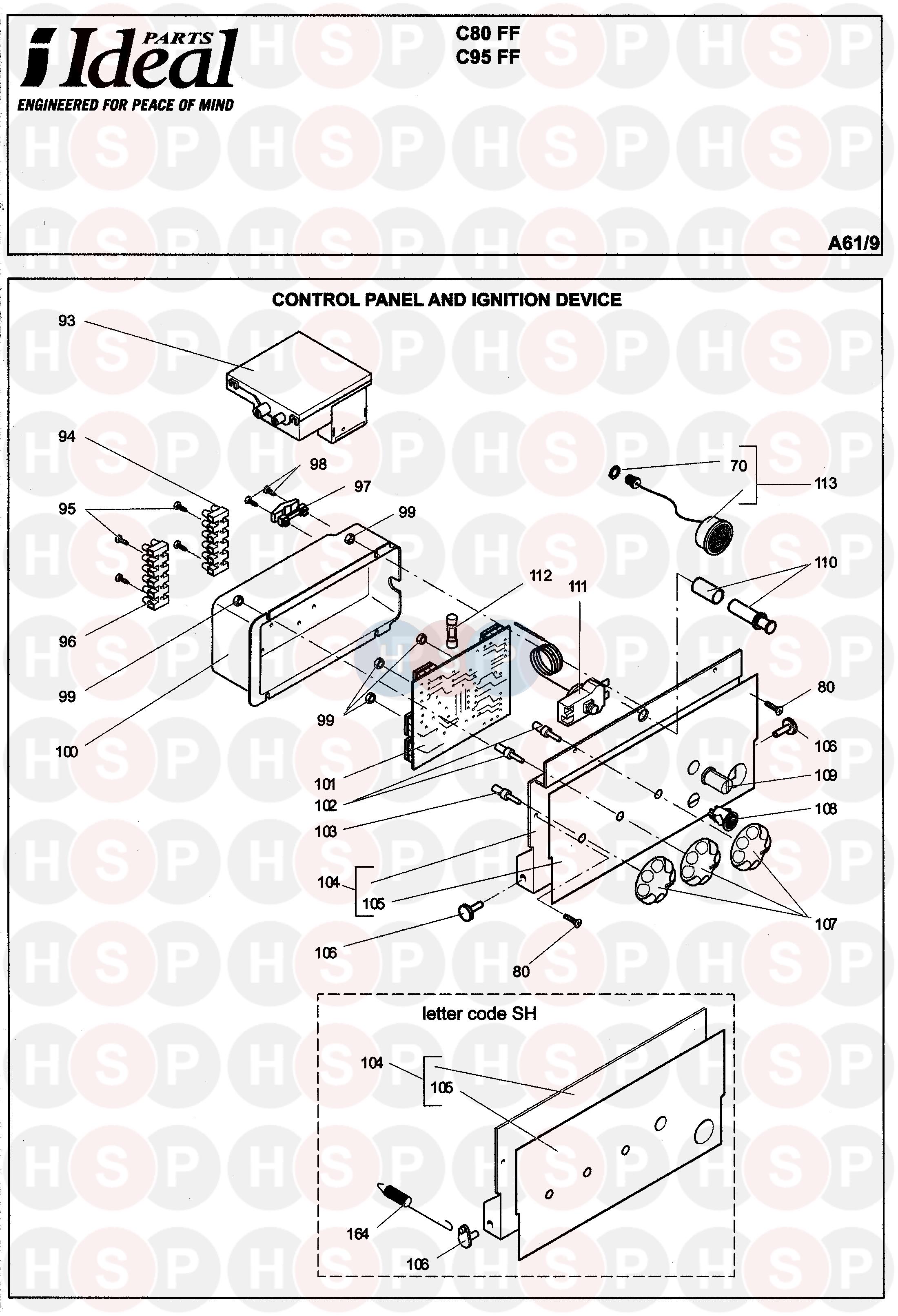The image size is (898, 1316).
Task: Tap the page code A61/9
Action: point(853,243)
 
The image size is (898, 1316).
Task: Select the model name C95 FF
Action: point(488,57)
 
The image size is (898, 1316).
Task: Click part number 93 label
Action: point(67,321)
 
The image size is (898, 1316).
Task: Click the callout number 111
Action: point(578,587)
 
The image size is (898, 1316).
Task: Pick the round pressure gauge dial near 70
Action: point(714,534)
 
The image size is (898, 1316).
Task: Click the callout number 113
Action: point(825,483)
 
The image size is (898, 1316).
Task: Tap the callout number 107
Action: point(825,924)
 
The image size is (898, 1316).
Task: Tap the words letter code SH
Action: point(479,1014)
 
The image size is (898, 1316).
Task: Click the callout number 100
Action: point(67,751)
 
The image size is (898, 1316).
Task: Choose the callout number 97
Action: point(362,486)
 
